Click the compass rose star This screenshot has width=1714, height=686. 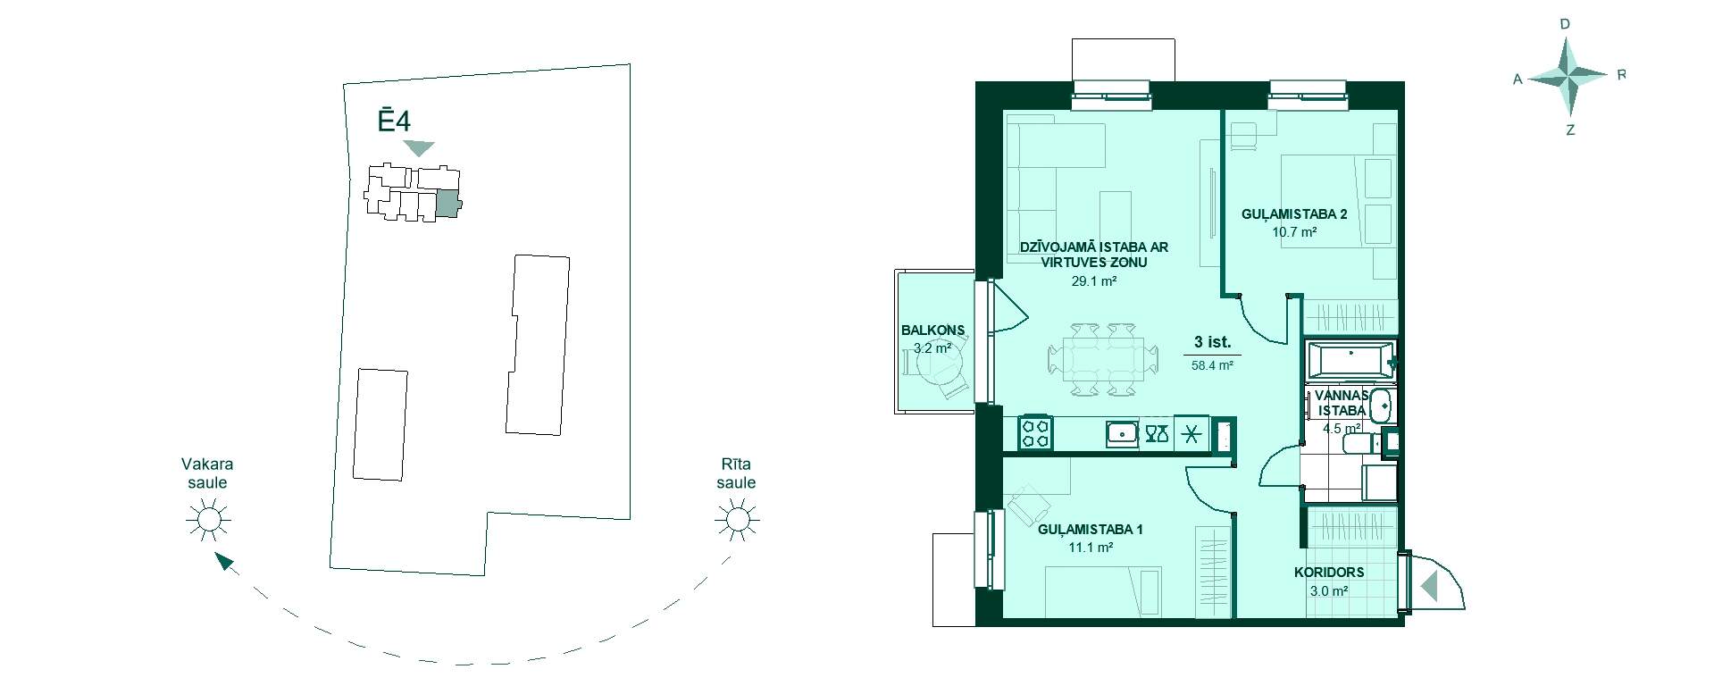coord(1569,78)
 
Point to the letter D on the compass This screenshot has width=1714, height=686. coord(1565,25)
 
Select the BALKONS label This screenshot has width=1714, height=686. coord(932,330)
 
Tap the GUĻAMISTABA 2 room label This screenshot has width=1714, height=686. coord(1294,214)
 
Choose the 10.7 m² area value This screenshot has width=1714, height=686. coord(1295,232)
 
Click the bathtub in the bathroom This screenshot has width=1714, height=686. coord(1350,359)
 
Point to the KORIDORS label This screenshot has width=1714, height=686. coord(1329,573)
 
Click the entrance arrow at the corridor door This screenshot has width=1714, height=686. coord(1428,586)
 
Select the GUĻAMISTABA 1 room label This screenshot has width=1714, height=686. coord(1091,530)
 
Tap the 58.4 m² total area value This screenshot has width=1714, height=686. coord(1212,365)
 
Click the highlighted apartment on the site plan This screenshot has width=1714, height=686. coord(447,205)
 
